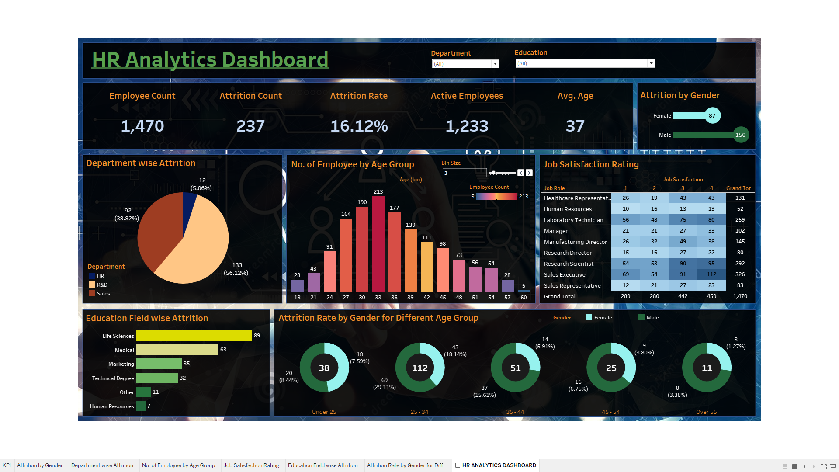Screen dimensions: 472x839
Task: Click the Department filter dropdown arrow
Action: [x=495, y=64]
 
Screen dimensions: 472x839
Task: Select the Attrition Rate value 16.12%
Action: [x=359, y=126]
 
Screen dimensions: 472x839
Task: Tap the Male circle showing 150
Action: [x=740, y=135]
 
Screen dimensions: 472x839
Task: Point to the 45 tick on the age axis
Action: [x=443, y=298]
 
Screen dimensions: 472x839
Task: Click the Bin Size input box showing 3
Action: [x=464, y=173]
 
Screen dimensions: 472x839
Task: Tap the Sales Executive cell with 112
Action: [x=711, y=274]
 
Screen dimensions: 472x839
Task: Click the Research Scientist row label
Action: [x=569, y=264]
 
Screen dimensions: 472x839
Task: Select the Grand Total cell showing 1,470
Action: [x=740, y=296]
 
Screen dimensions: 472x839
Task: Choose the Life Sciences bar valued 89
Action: [x=194, y=336]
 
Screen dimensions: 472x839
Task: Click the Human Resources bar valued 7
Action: [x=141, y=406]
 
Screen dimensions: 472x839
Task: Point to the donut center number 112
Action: [x=419, y=368]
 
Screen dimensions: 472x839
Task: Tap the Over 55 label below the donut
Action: [x=706, y=412]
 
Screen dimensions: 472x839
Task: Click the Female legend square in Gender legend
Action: [x=589, y=318]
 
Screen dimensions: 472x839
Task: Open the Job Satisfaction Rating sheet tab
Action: [x=251, y=465]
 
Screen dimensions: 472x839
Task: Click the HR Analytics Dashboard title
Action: [x=210, y=60]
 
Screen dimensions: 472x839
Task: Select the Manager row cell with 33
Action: [x=711, y=231]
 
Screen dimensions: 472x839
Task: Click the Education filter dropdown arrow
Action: [x=651, y=63]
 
